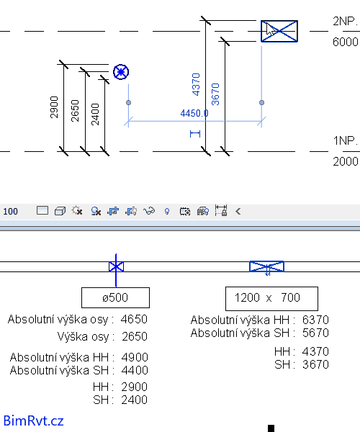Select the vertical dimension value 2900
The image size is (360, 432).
(x=54, y=107)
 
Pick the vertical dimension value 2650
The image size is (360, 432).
(x=75, y=111)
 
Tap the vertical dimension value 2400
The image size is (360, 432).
(x=95, y=114)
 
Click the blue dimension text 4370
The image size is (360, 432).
(x=196, y=84)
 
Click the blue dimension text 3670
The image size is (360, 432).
(x=215, y=94)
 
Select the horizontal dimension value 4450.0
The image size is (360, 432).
(x=194, y=113)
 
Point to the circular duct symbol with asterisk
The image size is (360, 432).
(x=121, y=72)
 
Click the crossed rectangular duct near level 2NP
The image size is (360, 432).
(x=279, y=31)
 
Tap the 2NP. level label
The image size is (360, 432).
(x=345, y=21)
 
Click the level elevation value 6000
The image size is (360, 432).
(x=346, y=42)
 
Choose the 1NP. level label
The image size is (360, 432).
(x=346, y=141)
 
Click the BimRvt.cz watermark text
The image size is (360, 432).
(x=34, y=420)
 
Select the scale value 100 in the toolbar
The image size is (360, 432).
(x=11, y=211)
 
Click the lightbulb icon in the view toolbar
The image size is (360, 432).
(x=166, y=211)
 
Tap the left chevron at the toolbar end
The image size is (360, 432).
(x=238, y=211)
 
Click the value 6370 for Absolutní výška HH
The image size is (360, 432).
(x=315, y=320)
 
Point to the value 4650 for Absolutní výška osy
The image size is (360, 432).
(x=134, y=319)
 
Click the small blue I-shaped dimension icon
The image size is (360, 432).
(x=195, y=134)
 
